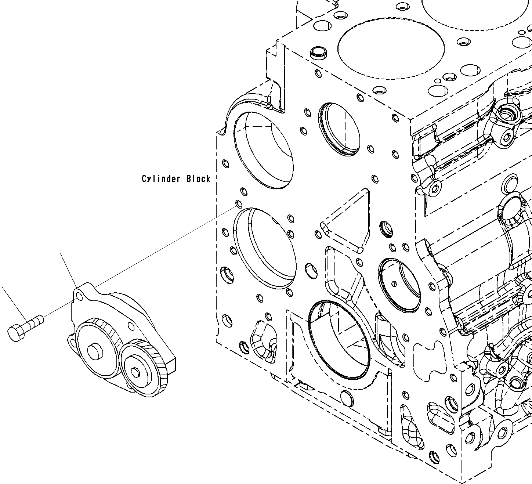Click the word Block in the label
(198, 179)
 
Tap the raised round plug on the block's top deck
(318, 53)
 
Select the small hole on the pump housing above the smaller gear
(130, 325)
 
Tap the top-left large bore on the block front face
(264, 150)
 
